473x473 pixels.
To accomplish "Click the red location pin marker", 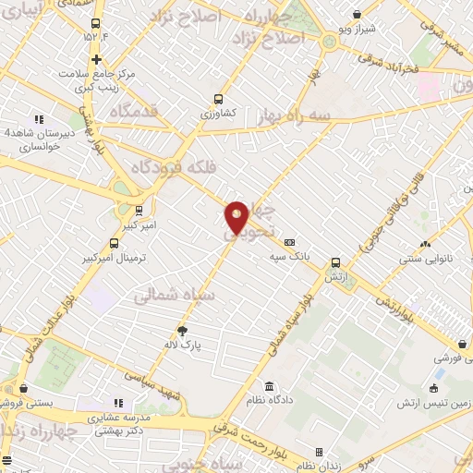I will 236,218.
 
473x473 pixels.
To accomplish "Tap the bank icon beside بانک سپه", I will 289,242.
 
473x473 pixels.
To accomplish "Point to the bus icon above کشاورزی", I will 218,99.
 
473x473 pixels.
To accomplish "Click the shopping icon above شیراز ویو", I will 357,14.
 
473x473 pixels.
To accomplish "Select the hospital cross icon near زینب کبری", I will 95,58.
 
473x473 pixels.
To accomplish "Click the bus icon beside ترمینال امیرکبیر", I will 114,244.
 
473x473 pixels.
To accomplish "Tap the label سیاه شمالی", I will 174,297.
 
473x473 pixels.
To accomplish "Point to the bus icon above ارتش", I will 335,261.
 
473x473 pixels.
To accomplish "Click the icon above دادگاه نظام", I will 268,386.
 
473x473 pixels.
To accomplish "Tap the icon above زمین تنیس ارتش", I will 433,388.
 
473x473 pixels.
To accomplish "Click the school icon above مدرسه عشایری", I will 117,403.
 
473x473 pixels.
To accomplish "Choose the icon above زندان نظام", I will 319,452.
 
